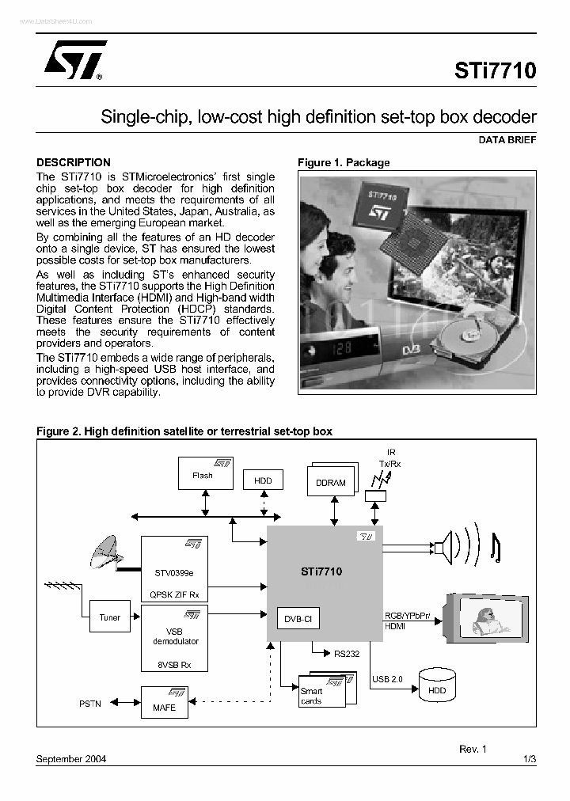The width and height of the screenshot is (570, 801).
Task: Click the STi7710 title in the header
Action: pyautogui.click(x=495, y=70)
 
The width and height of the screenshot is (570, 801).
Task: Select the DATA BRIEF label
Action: pyautogui.click(x=507, y=139)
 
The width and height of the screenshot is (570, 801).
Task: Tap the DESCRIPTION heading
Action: pyautogui.click(x=74, y=162)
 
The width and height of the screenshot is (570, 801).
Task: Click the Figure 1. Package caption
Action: pyautogui.click(x=344, y=162)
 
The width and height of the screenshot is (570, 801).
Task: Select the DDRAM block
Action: pyautogui.click(x=330, y=482)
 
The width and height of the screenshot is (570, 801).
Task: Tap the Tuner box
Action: pyautogui.click(x=110, y=617)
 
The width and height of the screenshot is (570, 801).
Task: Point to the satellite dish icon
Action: pyautogui.click(x=108, y=551)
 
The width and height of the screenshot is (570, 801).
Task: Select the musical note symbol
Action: pyautogui.click(x=496, y=547)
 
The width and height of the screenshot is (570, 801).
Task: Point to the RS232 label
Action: pyautogui.click(x=346, y=654)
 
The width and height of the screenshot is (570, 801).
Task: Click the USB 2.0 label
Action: pyautogui.click(x=387, y=679)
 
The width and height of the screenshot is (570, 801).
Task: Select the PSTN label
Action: pyautogui.click(x=90, y=704)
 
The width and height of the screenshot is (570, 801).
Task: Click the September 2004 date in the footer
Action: pyautogui.click(x=71, y=758)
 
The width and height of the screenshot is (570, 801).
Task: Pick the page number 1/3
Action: pyautogui.click(x=530, y=758)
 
